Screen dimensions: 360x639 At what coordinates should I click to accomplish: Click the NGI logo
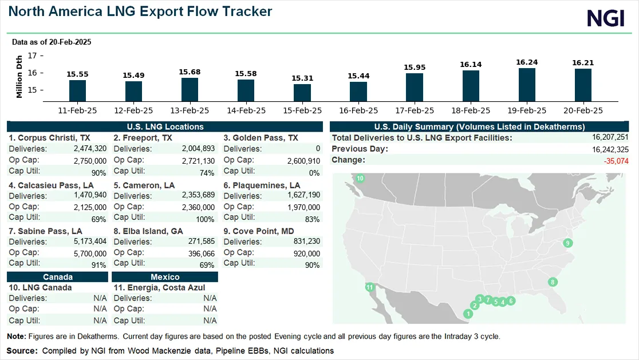point(605,18)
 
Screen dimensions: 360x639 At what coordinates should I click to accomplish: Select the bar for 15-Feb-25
point(302,93)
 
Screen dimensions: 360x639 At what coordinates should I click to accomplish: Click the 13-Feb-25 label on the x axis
point(190,110)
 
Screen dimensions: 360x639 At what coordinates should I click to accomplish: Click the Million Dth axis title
point(19,76)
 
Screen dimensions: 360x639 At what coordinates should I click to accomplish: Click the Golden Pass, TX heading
point(261,138)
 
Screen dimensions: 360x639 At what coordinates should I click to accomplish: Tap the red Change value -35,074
point(616,161)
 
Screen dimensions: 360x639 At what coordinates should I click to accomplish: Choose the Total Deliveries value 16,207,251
point(610,137)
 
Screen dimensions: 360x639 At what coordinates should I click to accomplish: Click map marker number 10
point(360,179)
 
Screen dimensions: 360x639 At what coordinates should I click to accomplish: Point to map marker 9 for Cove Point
point(567,243)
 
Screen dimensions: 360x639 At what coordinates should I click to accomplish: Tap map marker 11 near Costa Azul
point(370,287)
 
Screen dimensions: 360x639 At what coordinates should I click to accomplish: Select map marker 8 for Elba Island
point(553,282)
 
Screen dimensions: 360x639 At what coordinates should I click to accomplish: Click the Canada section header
point(57,277)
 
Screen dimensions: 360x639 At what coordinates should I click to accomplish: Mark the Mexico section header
point(165,277)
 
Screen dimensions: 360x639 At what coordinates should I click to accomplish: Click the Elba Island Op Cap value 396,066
point(201,253)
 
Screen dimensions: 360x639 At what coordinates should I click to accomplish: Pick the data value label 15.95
point(415,68)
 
